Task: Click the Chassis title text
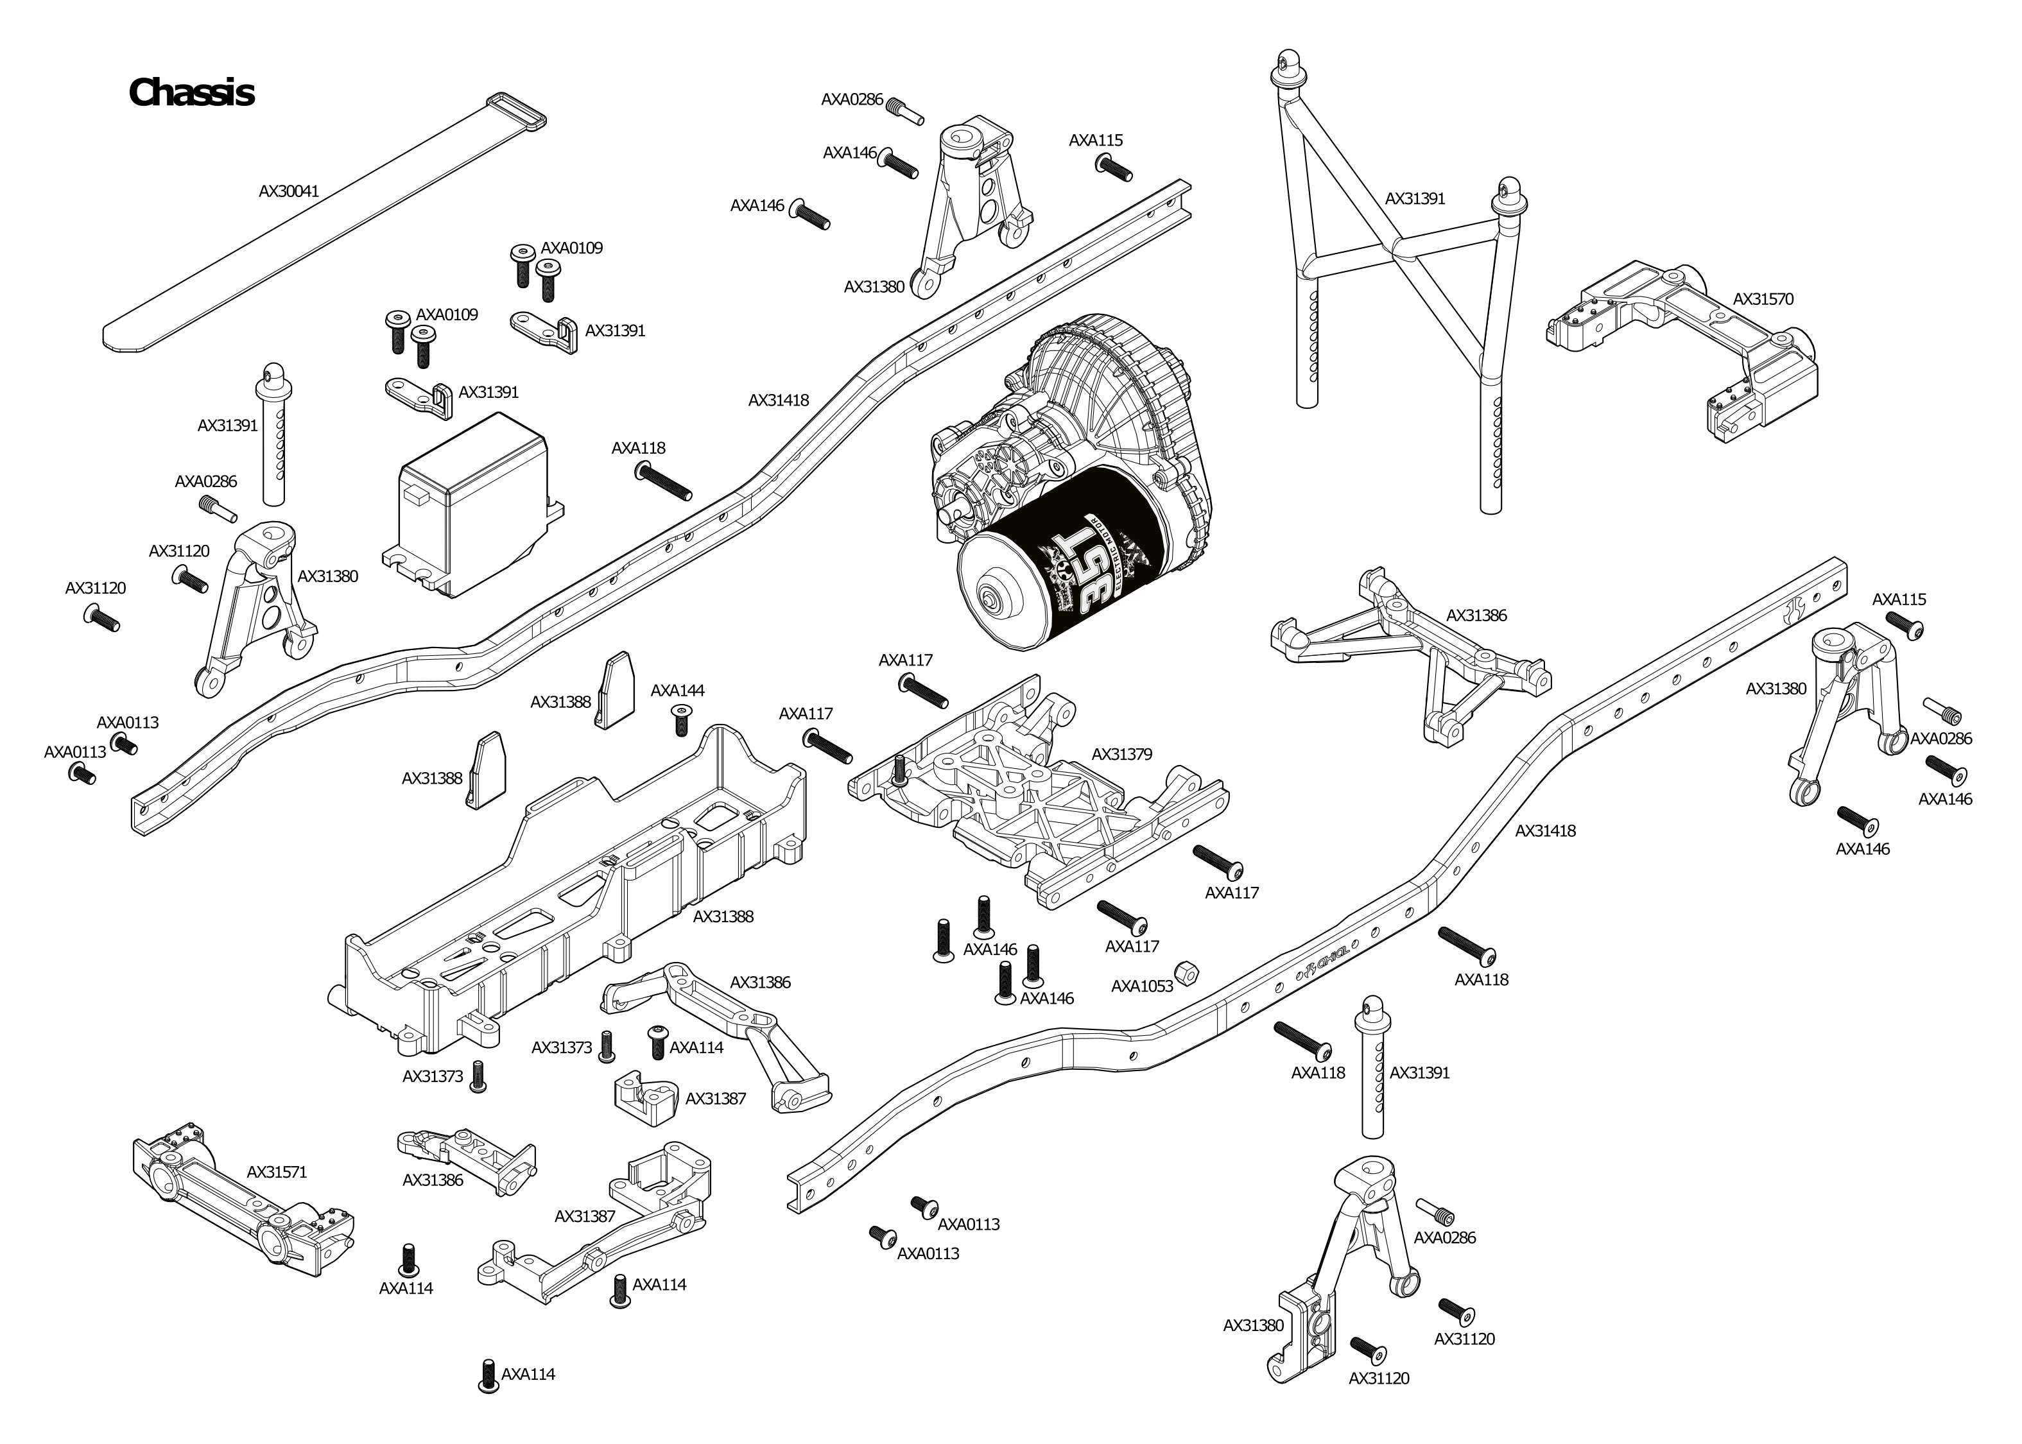[191, 92]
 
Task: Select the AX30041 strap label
[289, 191]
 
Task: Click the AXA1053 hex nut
[1186, 970]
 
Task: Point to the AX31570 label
[1763, 300]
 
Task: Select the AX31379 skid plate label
[1121, 754]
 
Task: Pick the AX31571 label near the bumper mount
[277, 1172]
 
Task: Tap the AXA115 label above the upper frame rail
[1096, 141]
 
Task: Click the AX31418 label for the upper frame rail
[778, 400]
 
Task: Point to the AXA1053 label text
[1142, 986]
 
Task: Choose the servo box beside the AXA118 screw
[471, 516]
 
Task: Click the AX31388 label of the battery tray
[723, 916]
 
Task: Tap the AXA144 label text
[678, 691]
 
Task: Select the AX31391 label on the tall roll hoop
[1415, 198]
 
